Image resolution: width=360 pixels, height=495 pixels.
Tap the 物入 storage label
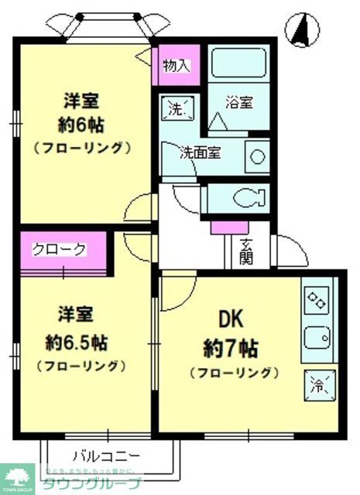tap(177, 66)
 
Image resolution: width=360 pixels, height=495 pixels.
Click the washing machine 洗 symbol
tap(176, 108)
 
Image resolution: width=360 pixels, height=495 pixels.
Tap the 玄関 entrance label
tap(246, 251)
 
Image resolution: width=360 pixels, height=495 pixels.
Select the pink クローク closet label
tap(59, 250)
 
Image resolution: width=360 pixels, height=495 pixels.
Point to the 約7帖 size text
tap(231, 347)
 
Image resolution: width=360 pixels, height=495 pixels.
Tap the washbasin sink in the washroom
tap(256, 157)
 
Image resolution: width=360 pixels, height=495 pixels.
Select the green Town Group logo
tap(17, 479)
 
